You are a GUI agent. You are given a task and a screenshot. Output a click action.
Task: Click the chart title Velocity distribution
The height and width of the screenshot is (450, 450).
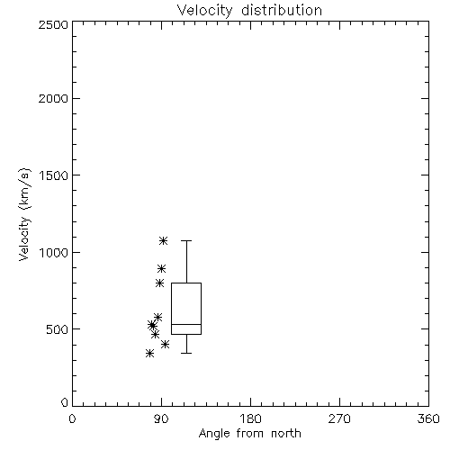pyautogui.click(x=249, y=10)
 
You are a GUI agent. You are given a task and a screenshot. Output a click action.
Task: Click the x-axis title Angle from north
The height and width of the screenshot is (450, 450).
pyautogui.click(x=249, y=433)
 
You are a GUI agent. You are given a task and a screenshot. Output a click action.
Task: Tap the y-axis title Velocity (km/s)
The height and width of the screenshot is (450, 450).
pyautogui.click(x=24, y=214)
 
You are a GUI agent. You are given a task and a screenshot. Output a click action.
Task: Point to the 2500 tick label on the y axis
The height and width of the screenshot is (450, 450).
pyautogui.click(x=53, y=24)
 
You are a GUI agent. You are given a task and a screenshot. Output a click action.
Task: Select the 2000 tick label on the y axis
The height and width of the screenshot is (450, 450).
pyautogui.click(x=53, y=98)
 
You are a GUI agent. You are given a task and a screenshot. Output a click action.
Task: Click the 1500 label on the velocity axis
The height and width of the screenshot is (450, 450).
pyautogui.click(x=54, y=175)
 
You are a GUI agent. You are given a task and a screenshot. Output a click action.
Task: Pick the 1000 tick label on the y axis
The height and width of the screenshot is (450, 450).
pyautogui.click(x=54, y=252)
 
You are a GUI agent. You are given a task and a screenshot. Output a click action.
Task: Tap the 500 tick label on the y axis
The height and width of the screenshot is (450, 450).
pyautogui.click(x=58, y=329)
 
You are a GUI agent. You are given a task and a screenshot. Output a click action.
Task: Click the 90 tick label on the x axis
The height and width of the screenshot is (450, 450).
pyautogui.click(x=161, y=418)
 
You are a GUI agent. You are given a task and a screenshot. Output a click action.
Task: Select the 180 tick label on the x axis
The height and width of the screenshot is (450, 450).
pyautogui.click(x=250, y=418)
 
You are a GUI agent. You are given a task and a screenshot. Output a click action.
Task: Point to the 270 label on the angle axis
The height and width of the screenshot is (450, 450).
pyautogui.click(x=339, y=418)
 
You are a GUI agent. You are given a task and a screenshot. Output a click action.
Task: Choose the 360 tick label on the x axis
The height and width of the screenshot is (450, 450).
pyautogui.click(x=428, y=418)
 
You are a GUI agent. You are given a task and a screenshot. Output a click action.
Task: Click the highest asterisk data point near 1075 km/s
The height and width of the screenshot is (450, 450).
pyautogui.click(x=163, y=240)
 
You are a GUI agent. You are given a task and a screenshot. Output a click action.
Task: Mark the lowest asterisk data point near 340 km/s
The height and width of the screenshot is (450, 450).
pyautogui.click(x=149, y=353)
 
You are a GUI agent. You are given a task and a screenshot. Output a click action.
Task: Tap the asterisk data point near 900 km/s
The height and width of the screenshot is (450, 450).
pyautogui.click(x=162, y=268)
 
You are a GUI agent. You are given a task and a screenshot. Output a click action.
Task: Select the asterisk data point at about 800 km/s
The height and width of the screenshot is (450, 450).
pyautogui.click(x=159, y=283)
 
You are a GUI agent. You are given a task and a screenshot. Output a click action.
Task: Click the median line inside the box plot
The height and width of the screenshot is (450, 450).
pyautogui.click(x=186, y=324)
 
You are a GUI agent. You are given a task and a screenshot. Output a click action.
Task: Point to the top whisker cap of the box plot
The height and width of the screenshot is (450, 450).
pyautogui.click(x=186, y=240)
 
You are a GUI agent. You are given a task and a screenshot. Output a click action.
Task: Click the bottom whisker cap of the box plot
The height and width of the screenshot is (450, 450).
pyautogui.click(x=186, y=353)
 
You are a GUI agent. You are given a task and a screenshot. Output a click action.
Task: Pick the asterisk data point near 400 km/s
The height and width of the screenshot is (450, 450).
pyautogui.click(x=165, y=344)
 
